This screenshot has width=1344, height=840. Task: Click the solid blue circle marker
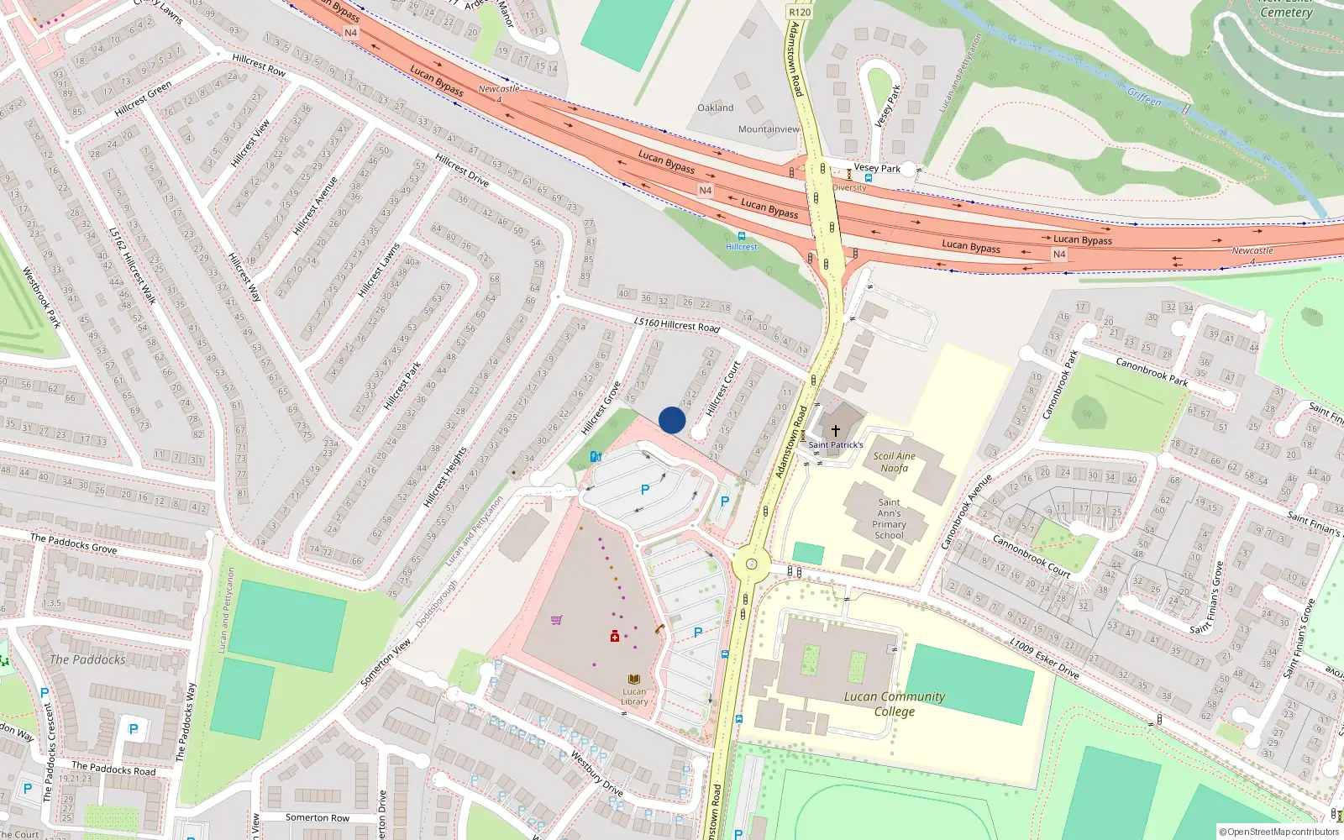click(x=672, y=420)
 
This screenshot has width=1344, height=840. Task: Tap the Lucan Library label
click(x=634, y=696)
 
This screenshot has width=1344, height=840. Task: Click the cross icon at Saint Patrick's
click(x=836, y=430)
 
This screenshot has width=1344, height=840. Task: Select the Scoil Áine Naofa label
click(x=894, y=462)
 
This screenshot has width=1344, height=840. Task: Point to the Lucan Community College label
click(x=894, y=704)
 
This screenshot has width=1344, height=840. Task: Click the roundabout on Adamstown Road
click(x=751, y=564)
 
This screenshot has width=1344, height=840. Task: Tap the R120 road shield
click(x=800, y=12)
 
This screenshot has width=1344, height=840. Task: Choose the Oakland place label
click(x=715, y=108)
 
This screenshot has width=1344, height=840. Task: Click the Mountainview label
click(x=769, y=129)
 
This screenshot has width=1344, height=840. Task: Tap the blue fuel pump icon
click(x=596, y=457)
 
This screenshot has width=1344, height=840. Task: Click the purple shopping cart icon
click(x=556, y=621)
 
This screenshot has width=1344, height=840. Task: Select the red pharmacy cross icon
click(x=615, y=636)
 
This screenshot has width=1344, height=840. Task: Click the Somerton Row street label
click(x=318, y=817)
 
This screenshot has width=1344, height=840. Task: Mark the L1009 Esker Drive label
click(x=1044, y=659)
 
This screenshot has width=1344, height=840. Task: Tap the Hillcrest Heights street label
click(x=445, y=476)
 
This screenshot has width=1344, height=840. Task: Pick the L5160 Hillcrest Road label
click(x=677, y=324)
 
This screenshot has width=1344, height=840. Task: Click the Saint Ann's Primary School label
click(x=889, y=518)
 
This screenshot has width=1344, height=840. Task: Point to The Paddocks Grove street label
click(x=74, y=543)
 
